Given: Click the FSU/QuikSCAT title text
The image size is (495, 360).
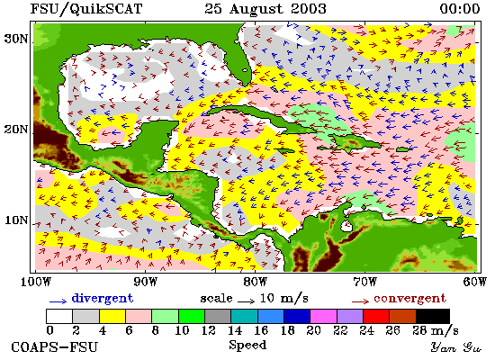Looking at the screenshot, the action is [x=86, y=9].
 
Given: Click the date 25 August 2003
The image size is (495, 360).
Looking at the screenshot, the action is [x=265, y=8].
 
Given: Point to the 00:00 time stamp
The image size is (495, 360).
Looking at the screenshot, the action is [x=460, y=8].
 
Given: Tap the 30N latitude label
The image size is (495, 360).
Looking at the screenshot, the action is [x=16, y=39].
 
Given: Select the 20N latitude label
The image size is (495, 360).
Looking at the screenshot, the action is [x=16, y=130].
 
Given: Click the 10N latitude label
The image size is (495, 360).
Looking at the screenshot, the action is [x=16, y=220].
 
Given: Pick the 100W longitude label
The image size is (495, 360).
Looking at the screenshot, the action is [x=35, y=282].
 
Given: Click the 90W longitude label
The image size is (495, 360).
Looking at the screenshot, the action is [x=145, y=282].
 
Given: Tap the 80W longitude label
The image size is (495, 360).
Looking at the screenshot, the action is [x=255, y=282].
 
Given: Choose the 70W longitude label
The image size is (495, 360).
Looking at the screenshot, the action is [x=364, y=282].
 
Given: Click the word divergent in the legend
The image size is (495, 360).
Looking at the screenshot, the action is [x=103, y=298].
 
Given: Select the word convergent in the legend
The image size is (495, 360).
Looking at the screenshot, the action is [x=410, y=299].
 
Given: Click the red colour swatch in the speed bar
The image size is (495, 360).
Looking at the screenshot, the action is [x=376, y=317].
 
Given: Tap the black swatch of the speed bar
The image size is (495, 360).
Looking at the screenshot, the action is [x=433, y=317].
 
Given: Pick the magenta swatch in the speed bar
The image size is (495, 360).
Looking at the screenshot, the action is [x=323, y=317].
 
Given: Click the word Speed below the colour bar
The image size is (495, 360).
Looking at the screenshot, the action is [x=247, y=346].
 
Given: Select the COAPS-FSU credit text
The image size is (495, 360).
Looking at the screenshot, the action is [x=55, y=347].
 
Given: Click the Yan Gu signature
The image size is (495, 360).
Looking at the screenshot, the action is [x=456, y=347].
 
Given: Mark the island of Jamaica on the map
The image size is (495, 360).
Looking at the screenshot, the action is [x=284, y=151].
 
